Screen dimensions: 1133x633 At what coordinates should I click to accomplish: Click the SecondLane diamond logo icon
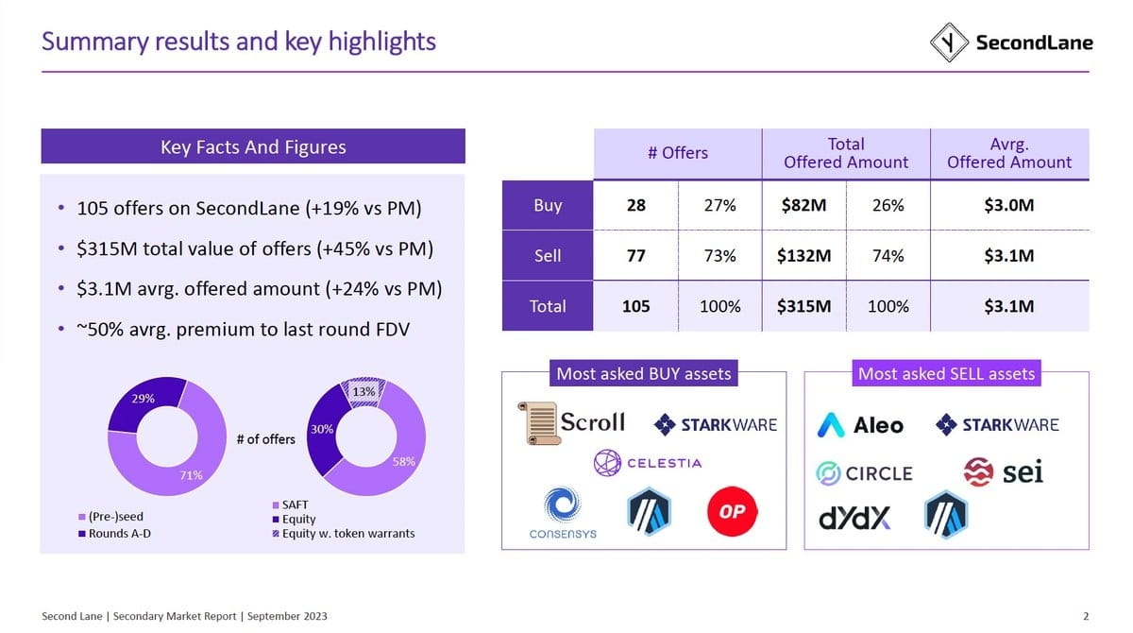click(949, 43)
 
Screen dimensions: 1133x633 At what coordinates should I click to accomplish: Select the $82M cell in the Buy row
click(803, 205)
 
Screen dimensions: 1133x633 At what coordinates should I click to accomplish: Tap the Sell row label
click(548, 255)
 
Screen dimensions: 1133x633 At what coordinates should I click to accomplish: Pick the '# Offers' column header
click(678, 153)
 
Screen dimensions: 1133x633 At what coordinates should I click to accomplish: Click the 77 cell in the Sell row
click(635, 255)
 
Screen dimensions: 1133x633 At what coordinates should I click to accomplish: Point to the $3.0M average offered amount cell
click(1009, 205)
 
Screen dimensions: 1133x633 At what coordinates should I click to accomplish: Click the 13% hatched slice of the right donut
click(364, 392)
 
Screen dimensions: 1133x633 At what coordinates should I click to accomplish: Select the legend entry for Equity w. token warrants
click(344, 533)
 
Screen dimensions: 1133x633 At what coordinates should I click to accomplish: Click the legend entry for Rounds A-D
click(115, 533)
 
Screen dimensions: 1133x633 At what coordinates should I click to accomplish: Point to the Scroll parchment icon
click(538, 423)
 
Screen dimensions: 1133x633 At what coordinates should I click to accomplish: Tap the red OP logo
click(732, 511)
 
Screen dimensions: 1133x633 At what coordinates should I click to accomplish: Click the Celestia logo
click(648, 463)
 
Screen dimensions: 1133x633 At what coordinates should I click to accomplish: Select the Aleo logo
click(860, 425)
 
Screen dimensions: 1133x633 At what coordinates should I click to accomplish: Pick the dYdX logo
click(854, 518)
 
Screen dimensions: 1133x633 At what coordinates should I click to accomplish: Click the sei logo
click(1003, 472)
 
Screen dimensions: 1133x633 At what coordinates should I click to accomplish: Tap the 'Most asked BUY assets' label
click(643, 373)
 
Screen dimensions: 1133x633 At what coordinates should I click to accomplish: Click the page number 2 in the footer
click(1086, 616)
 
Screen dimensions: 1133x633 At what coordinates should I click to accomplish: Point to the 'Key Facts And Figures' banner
click(253, 146)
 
